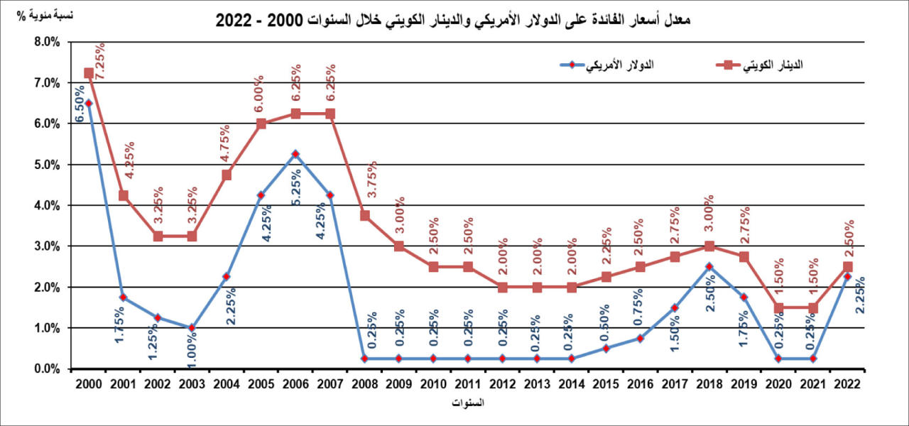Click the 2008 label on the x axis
[x=364, y=383]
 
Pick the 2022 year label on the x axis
[x=847, y=383]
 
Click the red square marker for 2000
[x=89, y=72]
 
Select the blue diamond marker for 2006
[x=295, y=154]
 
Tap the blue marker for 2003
[x=192, y=328]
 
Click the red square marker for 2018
[x=709, y=246]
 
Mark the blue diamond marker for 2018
[x=709, y=267]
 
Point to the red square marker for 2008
[x=364, y=216]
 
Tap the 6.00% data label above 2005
[x=260, y=93]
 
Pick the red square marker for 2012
[x=503, y=288]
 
